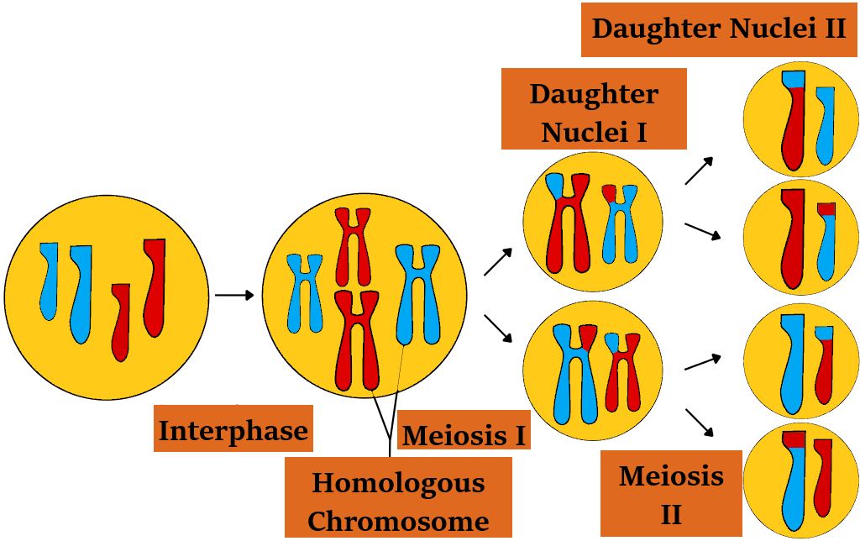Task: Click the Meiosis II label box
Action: coord(671,494)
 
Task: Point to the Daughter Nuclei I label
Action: coord(594,110)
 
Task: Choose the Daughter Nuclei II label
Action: coord(718,29)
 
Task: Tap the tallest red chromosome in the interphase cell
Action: coord(154,286)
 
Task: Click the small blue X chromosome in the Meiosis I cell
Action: coord(304,290)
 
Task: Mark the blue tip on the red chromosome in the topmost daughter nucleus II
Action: coord(793,80)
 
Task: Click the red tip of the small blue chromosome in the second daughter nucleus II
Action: coord(827,209)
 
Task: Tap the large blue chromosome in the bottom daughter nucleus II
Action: coord(794,487)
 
